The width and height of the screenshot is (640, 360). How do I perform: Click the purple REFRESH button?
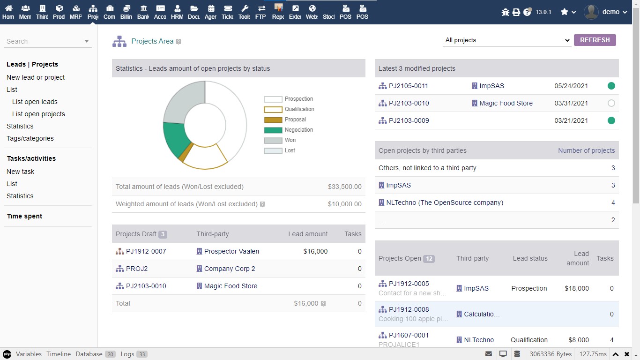(x=595, y=40)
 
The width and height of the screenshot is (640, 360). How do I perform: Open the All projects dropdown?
(x=507, y=40)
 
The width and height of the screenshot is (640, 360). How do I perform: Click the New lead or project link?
(x=36, y=77)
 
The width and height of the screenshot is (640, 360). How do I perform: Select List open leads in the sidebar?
(x=35, y=102)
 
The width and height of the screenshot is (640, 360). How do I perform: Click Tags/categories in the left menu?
(x=30, y=138)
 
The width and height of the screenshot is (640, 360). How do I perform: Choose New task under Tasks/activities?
(x=21, y=172)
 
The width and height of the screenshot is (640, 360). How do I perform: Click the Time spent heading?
(x=24, y=216)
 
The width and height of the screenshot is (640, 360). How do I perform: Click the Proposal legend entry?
(x=295, y=120)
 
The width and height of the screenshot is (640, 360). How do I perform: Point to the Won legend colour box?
(x=273, y=140)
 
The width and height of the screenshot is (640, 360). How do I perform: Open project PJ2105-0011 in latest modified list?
(x=408, y=86)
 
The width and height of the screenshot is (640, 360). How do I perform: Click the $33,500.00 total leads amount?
(x=344, y=187)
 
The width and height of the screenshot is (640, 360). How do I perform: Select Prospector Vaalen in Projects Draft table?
(x=231, y=251)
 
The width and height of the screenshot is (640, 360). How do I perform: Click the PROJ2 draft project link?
(x=137, y=269)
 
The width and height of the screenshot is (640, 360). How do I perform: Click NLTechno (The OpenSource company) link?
(x=444, y=202)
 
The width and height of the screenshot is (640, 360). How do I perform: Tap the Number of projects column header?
(x=586, y=150)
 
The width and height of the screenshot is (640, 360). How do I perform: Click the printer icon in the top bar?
(x=516, y=12)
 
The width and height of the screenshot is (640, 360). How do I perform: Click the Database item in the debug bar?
(x=89, y=354)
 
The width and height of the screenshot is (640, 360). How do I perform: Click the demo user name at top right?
(x=610, y=12)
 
